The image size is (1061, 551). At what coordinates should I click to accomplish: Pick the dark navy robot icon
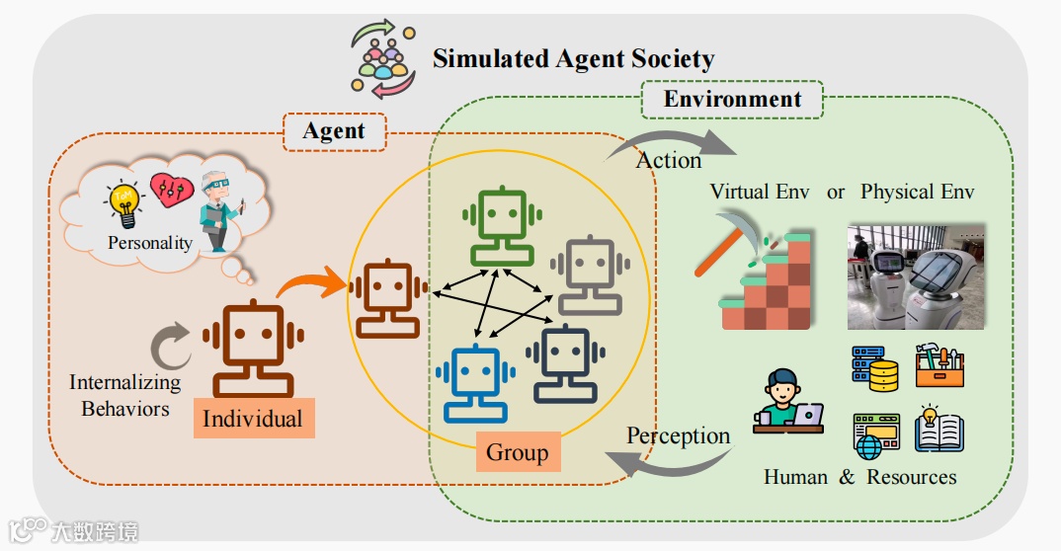click(563, 364)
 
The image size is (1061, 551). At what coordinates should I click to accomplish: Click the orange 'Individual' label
click(252, 418)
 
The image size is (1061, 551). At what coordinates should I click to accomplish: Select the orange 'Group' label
click(517, 452)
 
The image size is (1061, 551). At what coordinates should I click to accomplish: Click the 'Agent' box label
click(334, 130)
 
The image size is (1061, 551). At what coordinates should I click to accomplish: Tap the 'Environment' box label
click(732, 99)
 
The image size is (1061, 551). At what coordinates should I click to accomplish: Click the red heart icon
click(169, 190)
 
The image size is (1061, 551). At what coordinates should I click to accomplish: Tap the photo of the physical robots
click(916, 275)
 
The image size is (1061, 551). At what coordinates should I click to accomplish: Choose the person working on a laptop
click(786, 402)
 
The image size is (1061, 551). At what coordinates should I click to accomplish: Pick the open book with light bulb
click(939, 430)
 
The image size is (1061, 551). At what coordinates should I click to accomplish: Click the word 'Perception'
click(678, 435)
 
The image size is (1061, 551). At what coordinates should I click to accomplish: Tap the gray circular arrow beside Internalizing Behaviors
click(170, 349)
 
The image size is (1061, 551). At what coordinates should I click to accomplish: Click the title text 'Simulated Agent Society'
click(573, 58)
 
